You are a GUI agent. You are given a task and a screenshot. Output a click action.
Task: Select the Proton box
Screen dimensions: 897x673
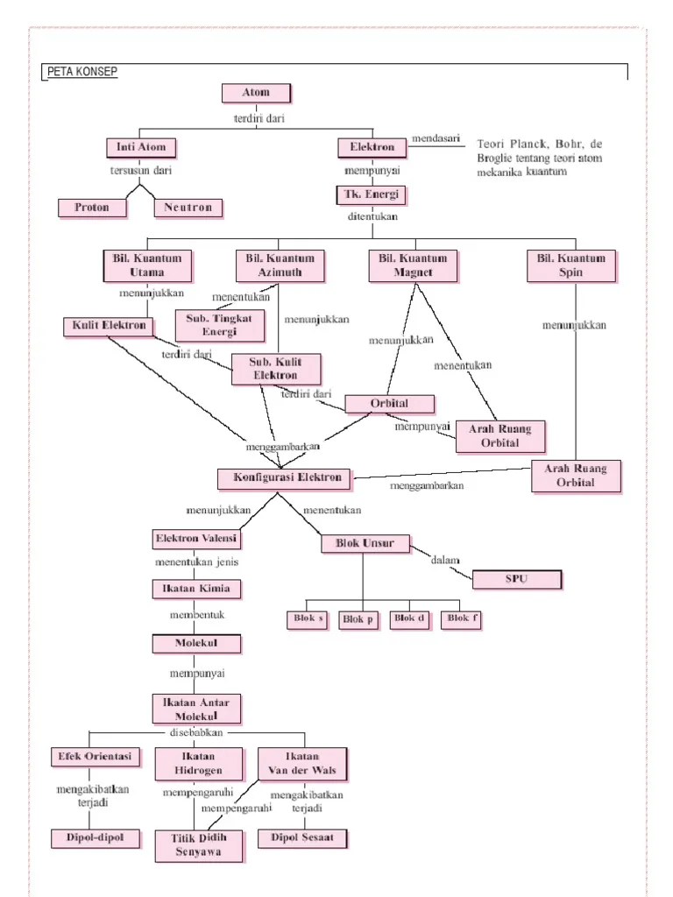[x=92, y=208]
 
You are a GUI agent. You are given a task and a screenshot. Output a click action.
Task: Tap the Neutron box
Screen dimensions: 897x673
[x=188, y=208]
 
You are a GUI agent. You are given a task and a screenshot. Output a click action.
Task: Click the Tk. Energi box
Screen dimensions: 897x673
[x=372, y=194]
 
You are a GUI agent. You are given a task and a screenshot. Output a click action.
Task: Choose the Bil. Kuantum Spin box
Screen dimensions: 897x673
[x=571, y=265]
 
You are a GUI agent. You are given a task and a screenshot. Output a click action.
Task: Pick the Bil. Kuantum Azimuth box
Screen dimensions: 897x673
[x=280, y=265]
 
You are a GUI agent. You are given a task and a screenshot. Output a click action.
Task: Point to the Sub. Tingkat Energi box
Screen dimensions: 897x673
[x=218, y=324]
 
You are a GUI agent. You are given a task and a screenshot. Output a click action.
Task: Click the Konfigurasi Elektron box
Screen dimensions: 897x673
[x=284, y=478]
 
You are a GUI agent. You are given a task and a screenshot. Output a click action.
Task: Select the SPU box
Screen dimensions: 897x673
[x=517, y=579]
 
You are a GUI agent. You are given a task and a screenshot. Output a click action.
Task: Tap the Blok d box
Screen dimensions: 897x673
[x=410, y=619]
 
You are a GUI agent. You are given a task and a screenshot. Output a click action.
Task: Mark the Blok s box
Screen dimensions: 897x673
[x=306, y=619]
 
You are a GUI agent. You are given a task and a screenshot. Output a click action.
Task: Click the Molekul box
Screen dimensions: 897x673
[x=196, y=644]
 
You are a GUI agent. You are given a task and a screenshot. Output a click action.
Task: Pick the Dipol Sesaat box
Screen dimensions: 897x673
[x=302, y=837]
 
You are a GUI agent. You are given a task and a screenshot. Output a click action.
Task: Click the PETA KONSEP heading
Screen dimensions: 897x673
[x=80, y=73]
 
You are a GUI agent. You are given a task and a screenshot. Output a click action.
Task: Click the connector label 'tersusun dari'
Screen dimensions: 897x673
[x=139, y=171]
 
